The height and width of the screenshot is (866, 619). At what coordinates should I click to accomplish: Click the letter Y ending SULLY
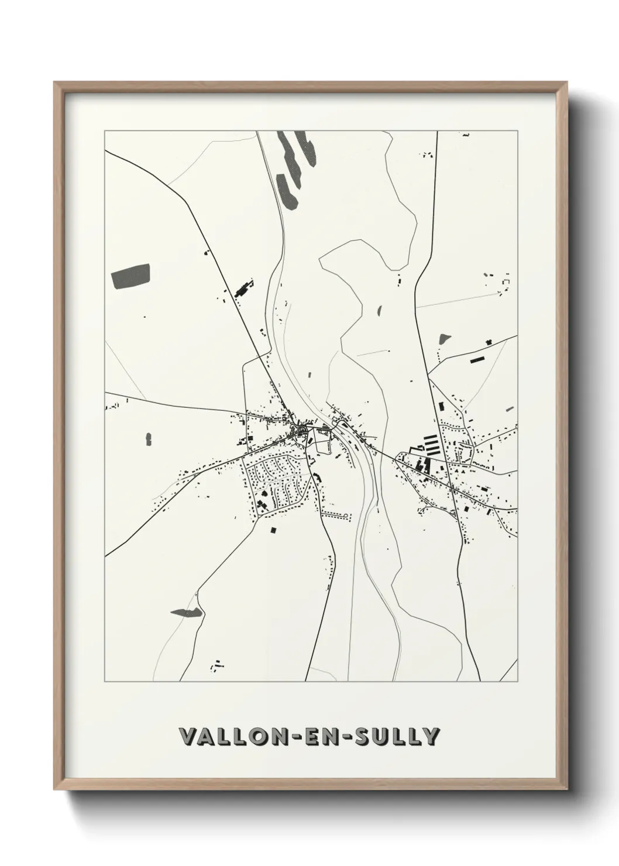point(432,737)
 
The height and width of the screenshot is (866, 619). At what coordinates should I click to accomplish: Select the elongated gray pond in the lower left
point(187,613)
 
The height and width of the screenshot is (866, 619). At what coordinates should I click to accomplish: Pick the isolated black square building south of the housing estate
point(273,530)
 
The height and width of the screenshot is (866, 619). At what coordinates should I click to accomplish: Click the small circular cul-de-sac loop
point(346,515)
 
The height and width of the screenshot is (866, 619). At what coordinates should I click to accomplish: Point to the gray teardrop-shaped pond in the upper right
point(445,338)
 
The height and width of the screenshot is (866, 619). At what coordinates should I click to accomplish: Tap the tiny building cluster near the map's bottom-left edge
point(218,664)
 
